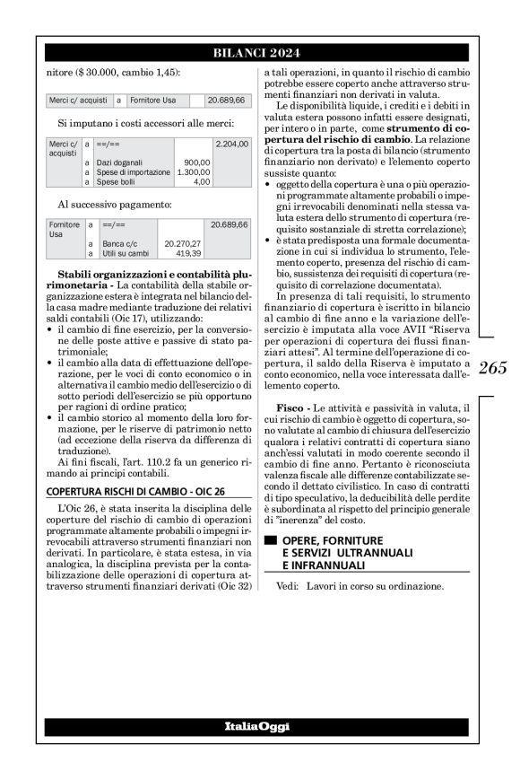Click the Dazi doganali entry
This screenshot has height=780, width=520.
(x=120, y=162)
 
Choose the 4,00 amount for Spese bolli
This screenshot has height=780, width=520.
(x=202, y=182)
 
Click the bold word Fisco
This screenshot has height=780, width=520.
(x=299, y=408)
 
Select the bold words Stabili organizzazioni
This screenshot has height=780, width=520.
(x=111, y=271)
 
